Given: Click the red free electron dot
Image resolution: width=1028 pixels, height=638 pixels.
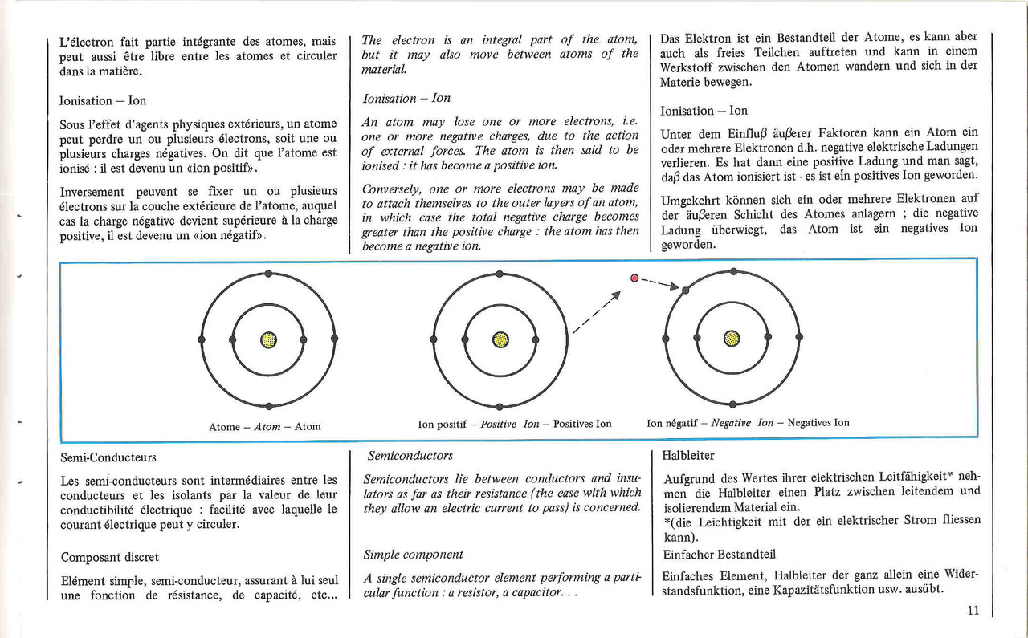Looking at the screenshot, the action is point(634,278).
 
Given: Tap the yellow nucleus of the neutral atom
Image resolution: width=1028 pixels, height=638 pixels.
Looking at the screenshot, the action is point(268,340).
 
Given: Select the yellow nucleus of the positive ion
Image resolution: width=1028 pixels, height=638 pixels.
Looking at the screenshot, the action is point(500,340).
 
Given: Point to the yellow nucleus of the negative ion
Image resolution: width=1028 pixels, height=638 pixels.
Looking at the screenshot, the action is point(732,339).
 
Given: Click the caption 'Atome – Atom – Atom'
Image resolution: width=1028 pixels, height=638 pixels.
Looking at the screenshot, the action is point(265,427).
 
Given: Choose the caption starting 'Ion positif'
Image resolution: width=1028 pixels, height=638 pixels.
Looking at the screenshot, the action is point(515,424).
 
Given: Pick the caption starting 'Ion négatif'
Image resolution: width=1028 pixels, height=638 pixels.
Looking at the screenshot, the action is point(748,422).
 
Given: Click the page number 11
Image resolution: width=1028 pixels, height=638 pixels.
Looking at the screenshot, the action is point(973,610).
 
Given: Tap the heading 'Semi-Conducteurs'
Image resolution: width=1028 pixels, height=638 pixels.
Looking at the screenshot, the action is point(108,457).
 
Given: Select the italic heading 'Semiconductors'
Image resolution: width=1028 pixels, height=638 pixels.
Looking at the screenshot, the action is point(410,456).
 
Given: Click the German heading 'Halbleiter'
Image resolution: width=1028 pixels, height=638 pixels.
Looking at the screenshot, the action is point(688,456).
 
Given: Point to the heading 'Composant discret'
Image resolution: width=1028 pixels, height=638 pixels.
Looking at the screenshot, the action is point(110,557).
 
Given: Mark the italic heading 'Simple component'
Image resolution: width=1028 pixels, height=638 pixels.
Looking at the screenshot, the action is point(413,555).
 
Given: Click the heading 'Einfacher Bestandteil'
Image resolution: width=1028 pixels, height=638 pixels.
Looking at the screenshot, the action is point(719,555).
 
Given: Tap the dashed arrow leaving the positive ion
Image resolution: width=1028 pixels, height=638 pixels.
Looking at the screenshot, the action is point(597,312).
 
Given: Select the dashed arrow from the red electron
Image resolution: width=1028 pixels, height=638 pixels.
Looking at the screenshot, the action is point(660,283).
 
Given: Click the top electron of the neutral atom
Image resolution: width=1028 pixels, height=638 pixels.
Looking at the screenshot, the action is point(268,274).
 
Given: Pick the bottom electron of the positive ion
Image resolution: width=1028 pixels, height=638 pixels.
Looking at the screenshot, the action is point(500,406).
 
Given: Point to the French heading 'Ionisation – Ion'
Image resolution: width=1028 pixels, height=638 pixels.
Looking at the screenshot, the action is point(102,100).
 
